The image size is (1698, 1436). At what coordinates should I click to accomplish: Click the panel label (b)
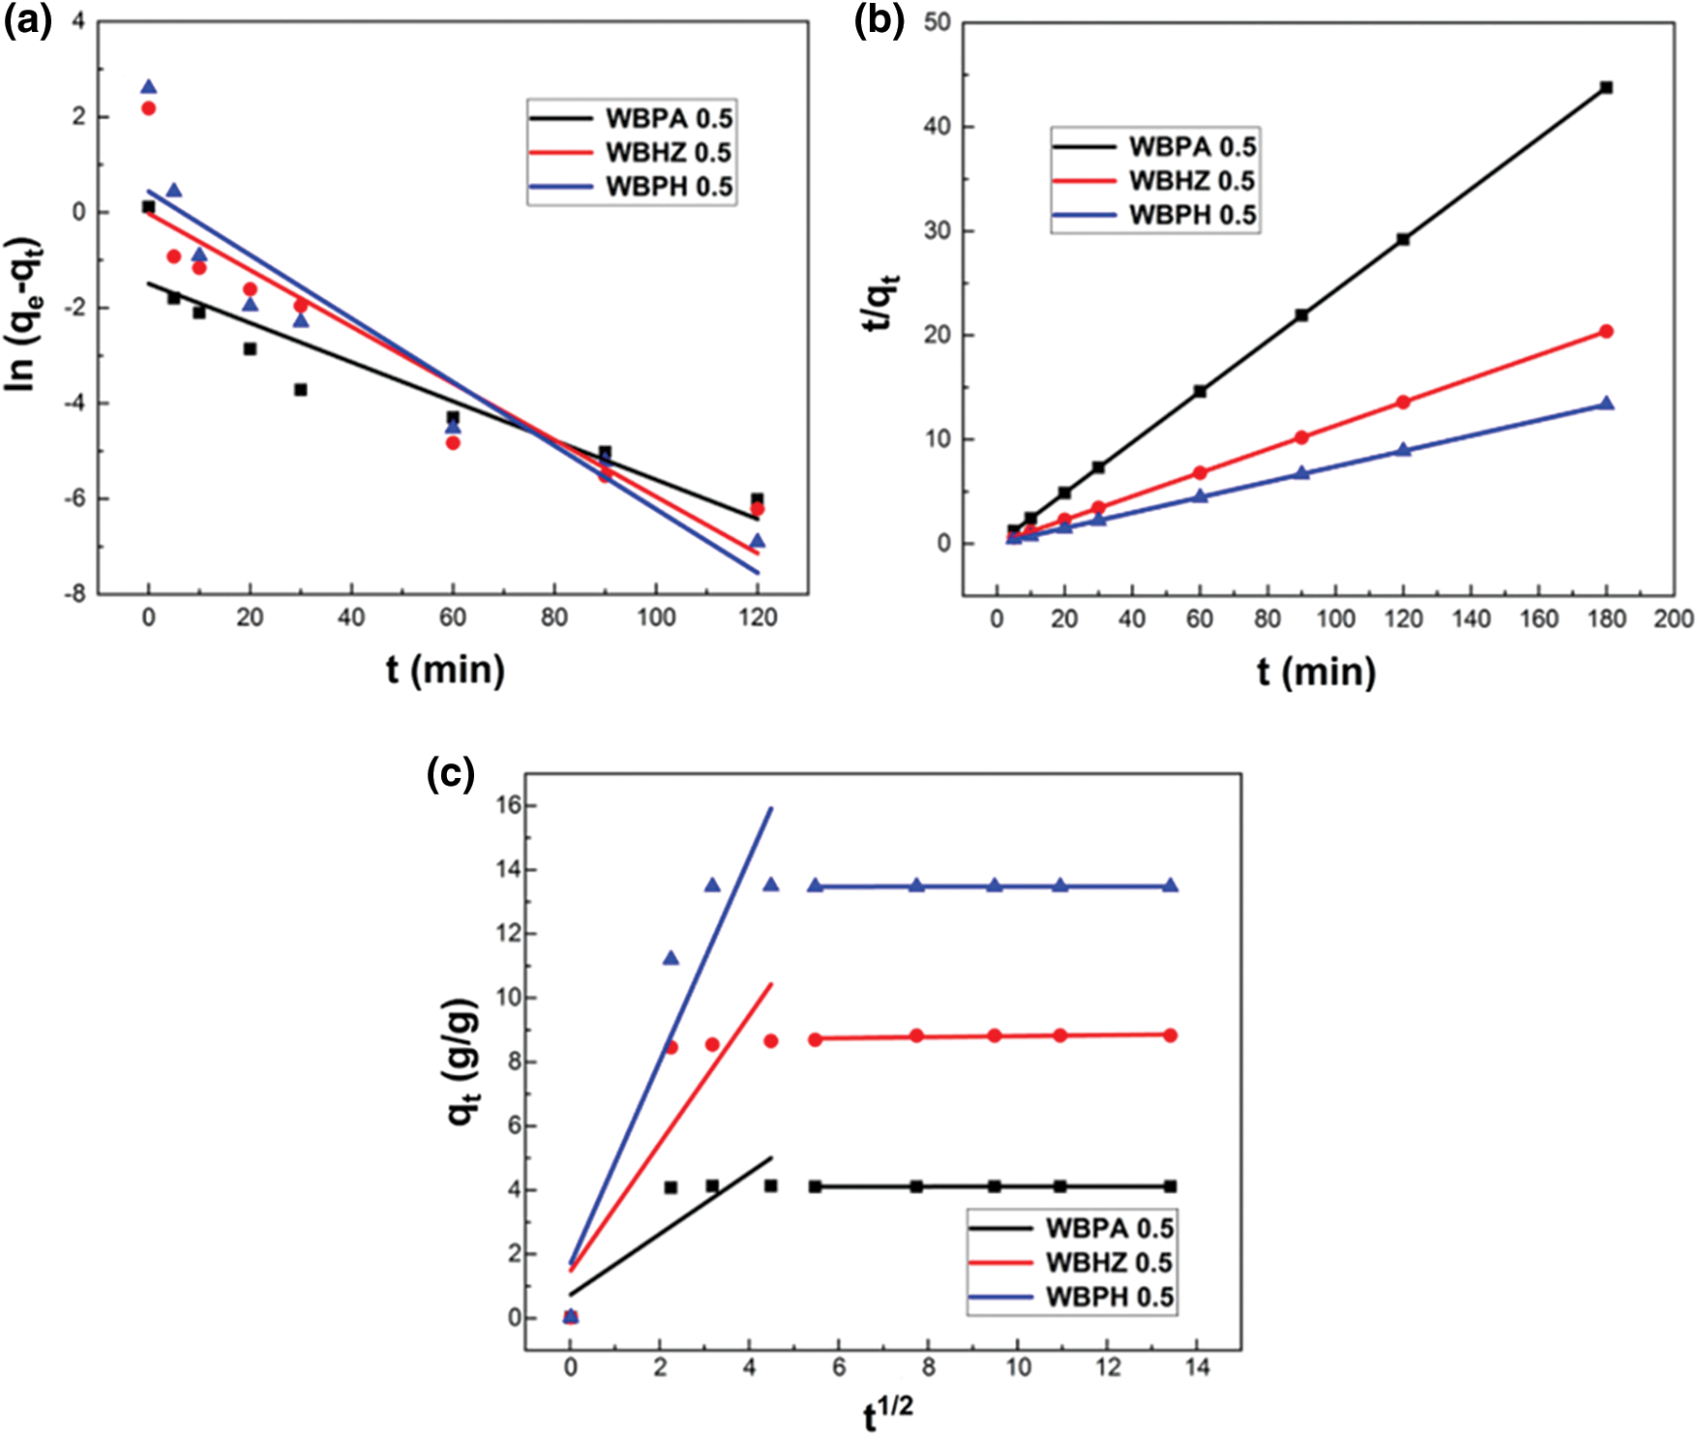(x=879, y=21)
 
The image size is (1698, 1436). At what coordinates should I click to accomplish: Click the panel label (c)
(x=451, y=773)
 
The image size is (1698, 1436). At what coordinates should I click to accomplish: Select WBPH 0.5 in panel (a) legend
(x=669, y=187)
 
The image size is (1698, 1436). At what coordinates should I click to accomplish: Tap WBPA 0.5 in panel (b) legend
(x=1192, y=147)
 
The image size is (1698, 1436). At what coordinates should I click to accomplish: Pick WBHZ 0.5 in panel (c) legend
(x=1109, y=1263)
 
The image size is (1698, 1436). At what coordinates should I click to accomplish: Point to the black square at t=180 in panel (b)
(x=1606, y=88)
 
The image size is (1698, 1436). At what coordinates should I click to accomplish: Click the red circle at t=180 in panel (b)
(x=1606, y=332)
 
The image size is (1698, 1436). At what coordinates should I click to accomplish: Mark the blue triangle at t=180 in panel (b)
(x=1606, y=403)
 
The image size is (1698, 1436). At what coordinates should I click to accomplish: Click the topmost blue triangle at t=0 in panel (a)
(x=148, y=87)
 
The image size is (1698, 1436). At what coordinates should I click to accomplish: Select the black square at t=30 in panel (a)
(x=301, y=390)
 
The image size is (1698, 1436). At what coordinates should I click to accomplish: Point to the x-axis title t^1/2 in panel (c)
(x=887, y=1414)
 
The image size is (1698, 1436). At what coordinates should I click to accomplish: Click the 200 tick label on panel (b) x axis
(x=1673, y=619)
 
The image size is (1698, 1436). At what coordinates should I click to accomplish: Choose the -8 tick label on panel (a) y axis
(x=74, y=594)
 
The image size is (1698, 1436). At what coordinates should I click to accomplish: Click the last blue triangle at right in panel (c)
(x=1170, y=885)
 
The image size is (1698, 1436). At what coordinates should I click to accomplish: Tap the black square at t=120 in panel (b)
(x=1403, y=239)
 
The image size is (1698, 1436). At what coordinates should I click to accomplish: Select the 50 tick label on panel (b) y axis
(x=937, y=22)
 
